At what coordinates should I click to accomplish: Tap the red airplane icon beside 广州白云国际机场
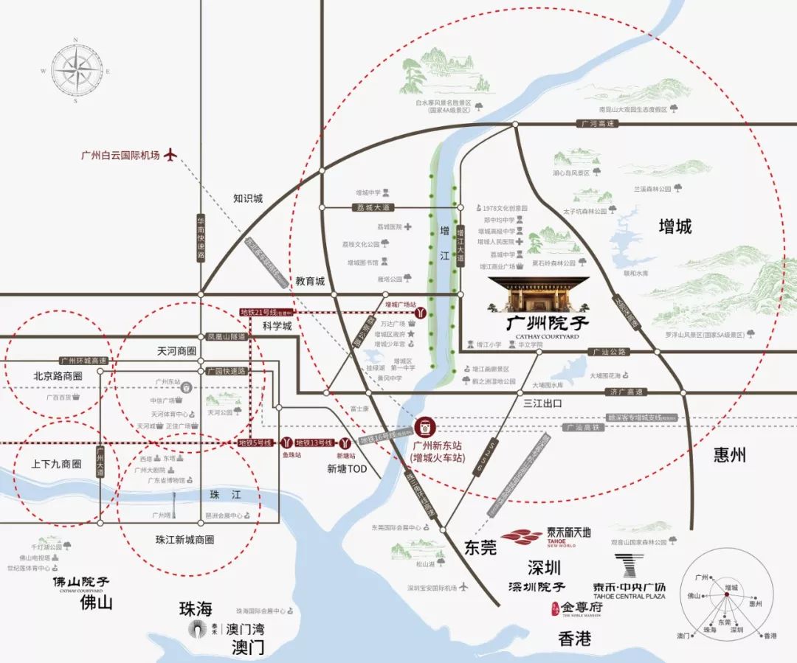coord(171,155)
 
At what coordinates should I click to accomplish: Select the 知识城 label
coord(248,198)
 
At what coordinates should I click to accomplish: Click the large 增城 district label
coord(674,226)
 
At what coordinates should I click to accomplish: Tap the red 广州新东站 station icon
coord(426,426)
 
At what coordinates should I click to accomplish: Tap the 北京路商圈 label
coord(58,376)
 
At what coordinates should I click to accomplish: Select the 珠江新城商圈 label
coord(184,539)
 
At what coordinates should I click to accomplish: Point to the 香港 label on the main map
coord(573,639)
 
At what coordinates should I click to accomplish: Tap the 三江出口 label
coord(542,403)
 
